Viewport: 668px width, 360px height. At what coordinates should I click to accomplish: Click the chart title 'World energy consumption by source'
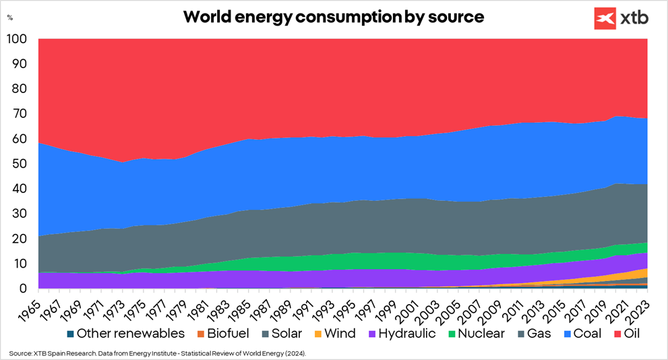[x=334, y=17]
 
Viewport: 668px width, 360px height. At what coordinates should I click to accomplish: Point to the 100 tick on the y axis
[x=17, y=39]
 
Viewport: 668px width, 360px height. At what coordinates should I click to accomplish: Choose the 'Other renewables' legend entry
[x=123, y=333]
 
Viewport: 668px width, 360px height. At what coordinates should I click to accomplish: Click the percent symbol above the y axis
[x=9, y=18]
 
